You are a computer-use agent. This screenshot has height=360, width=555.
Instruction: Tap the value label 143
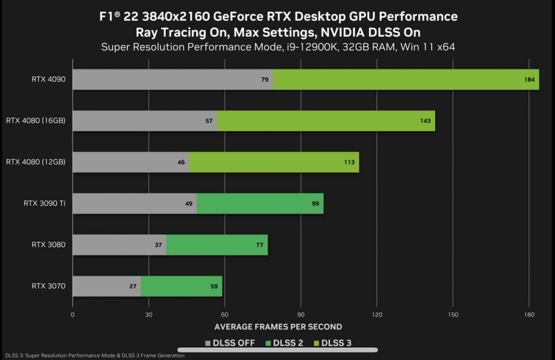(425, 121)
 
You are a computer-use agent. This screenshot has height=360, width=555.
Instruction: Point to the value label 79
(265, 80)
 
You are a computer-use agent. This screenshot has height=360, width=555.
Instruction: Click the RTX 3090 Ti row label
(44, 203)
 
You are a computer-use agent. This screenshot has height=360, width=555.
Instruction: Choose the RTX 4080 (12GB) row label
(36, 162)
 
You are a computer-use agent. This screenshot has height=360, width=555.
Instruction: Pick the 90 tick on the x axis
(301, 314)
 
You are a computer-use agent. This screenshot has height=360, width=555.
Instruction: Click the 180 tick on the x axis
(530, 314)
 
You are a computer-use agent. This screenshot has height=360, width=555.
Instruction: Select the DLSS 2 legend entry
(284, 343)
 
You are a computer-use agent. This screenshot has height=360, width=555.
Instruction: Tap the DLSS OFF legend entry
(230, 343)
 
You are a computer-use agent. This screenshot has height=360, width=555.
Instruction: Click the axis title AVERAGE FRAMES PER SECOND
(278, 327)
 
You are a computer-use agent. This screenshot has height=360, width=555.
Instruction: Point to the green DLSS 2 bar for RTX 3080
(217, 245)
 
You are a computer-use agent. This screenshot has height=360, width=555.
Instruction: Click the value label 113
(349, 162)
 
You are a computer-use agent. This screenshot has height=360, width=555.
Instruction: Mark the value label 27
(133, 286)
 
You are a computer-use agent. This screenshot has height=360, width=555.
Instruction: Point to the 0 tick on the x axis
(73, 314)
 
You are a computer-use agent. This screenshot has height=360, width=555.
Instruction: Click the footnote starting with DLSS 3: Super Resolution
(92, 356)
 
